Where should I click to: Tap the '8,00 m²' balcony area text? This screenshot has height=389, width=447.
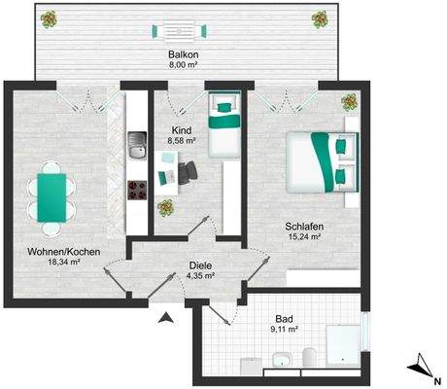click(179, 66)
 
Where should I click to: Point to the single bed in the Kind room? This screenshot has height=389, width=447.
click(224, 129)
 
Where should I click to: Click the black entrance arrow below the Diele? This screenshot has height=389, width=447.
click(166, 316)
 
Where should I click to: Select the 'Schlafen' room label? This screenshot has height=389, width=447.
click(304, 226)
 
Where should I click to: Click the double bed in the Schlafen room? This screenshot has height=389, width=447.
click(322, 161)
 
